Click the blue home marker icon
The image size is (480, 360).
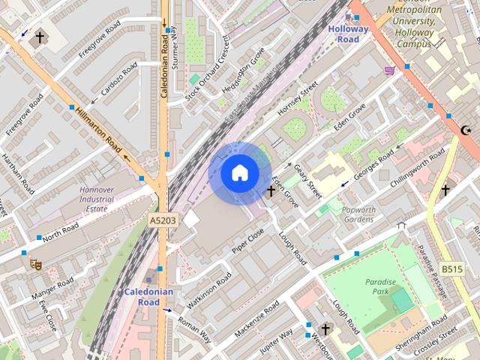click(239, 172)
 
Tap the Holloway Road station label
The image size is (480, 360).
click(348, 34)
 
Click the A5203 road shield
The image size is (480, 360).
click(163, 220)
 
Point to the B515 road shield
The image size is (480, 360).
click(450, 269)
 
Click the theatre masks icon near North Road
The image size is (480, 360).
click(34, 262)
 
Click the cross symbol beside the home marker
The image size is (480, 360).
click(271, 192)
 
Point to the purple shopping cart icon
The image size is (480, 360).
click(389, 70)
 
